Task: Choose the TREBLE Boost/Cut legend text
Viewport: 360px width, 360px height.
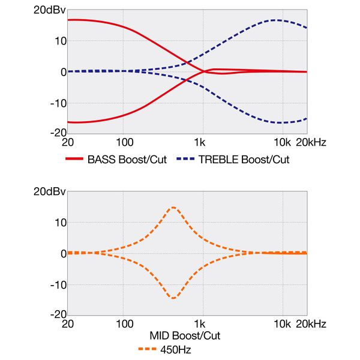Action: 244,160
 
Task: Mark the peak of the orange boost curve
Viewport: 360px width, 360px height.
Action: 173,208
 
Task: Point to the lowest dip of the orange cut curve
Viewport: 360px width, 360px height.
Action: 173,298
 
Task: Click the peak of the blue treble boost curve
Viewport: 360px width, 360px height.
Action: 275,20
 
